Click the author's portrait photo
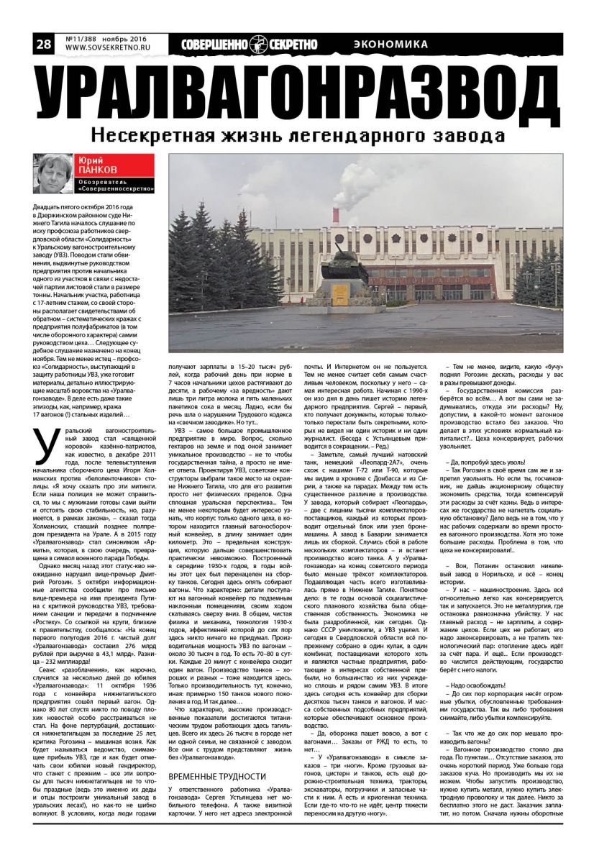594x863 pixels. [53, 174]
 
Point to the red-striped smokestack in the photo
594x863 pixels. [335, 216]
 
